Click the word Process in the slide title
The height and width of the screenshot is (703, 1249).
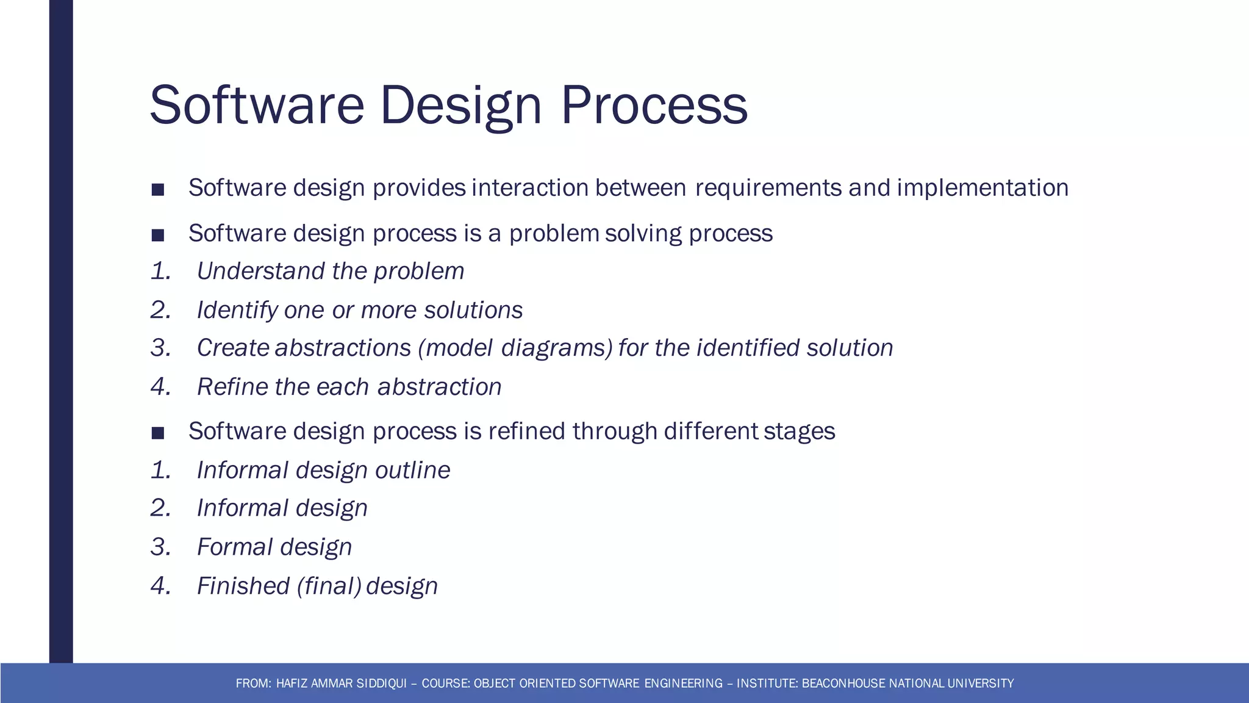tap(654, 105)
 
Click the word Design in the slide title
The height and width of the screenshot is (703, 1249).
tap(460, 105)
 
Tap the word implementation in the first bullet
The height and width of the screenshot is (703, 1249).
tap(982, 188)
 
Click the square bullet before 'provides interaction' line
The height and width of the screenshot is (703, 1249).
tap(158, 190)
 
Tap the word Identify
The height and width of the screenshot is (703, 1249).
tap(237, 310)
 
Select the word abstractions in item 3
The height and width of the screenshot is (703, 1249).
tap(343, 348)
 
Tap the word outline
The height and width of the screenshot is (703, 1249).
tap(412, 470)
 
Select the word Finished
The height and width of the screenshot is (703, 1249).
tap(243, 586)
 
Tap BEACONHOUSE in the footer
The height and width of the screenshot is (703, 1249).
tap(844, 683)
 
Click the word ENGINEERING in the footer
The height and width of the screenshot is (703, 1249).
tap(683, 683)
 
